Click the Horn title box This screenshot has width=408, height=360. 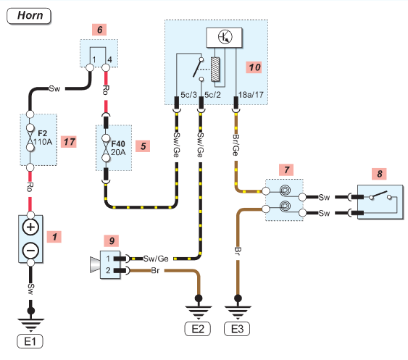28,16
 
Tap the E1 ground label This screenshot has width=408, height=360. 30,341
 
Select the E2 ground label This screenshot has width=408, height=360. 198,329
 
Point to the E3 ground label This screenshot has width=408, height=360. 237,329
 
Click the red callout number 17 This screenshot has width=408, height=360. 69,142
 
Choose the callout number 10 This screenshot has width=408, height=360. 254,67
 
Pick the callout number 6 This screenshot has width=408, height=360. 99,30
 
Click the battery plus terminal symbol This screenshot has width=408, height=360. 30,227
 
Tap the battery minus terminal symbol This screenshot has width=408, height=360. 30,251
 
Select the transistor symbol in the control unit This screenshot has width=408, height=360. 225,36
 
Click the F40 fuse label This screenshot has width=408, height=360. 118,144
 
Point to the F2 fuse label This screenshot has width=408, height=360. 43,133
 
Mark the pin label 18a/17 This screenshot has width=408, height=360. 251,95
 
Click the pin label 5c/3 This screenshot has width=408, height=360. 189,95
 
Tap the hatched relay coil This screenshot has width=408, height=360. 215,70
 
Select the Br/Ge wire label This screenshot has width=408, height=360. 236,145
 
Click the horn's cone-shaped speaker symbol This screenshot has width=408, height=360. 95,264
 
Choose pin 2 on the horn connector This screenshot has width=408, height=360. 108,270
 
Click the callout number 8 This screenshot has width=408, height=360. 380,174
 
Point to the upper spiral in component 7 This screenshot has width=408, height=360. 286,191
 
